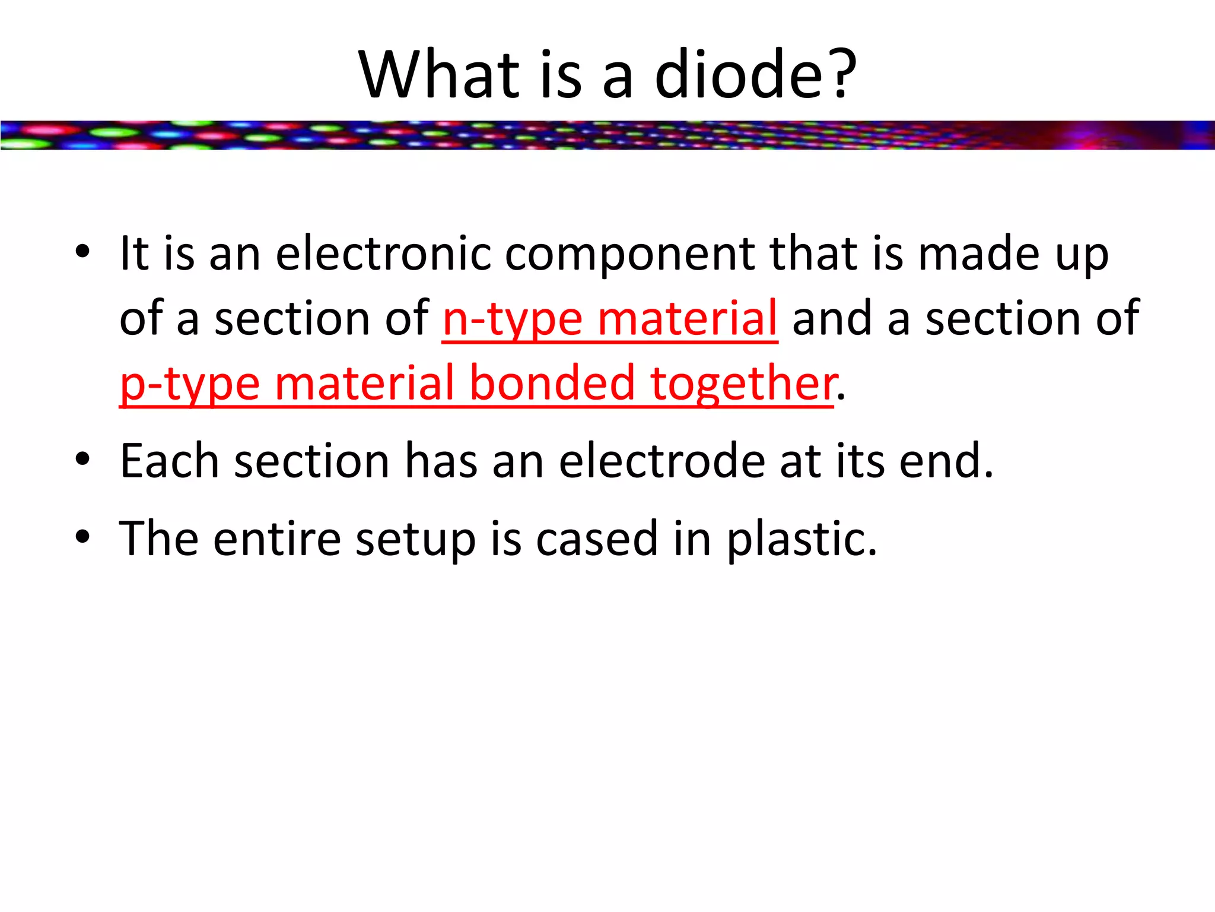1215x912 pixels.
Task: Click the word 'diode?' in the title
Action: [755, 75]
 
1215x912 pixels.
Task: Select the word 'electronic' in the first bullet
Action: [383, 254]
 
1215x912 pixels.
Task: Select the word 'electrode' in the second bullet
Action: [662, 461]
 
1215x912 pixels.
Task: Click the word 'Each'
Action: [169, 461]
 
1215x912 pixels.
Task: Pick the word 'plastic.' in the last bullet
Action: [801, 539]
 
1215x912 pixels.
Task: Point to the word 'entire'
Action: [277, 539]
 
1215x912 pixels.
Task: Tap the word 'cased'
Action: [597, 539]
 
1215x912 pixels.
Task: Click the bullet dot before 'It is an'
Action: [83, 252]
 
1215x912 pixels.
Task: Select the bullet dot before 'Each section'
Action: [83, 459]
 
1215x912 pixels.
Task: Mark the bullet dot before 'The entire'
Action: [83, 537]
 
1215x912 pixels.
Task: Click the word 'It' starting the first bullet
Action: [133, 254]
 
